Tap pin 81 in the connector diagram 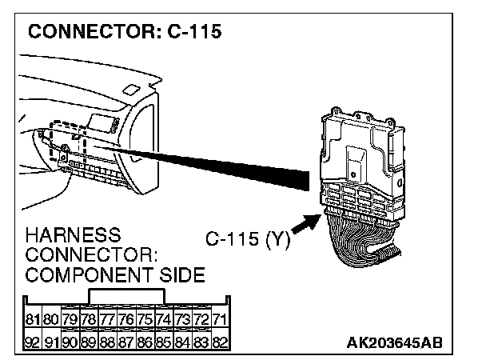tap(33, 321)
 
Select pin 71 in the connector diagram tap(220, 321)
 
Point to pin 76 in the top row tap(126, 321)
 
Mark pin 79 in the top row tap(70, 321)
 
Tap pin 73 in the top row tap(182, 321)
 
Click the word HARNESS tap(73, 237)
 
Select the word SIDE tap(181, 276)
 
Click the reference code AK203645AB tap(394, 343)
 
